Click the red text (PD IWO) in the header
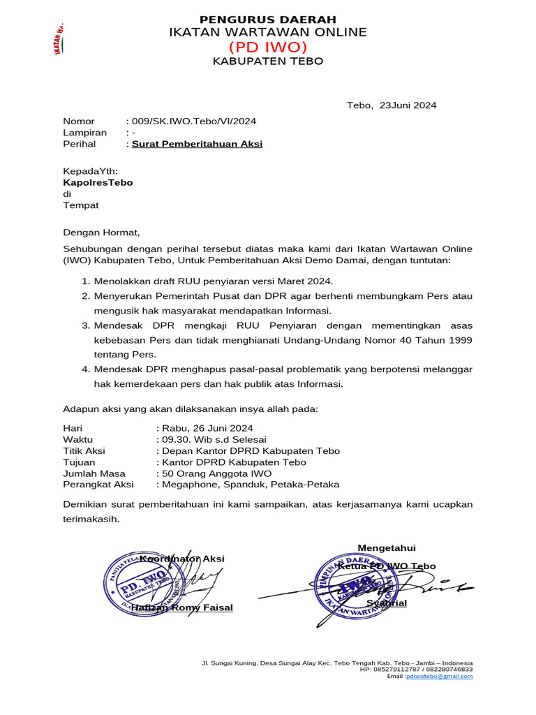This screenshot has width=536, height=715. pos(268,47)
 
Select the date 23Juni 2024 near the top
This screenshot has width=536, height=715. pos(408,105)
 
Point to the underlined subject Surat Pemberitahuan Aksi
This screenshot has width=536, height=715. pos(198,144)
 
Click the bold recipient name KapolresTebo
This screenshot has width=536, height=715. pos(98,182)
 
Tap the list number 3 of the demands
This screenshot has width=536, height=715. pos(86,325)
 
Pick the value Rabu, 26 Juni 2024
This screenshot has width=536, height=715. pos(207,428)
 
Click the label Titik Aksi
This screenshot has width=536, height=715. pos(84,450)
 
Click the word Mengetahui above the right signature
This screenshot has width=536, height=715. pos(387,547)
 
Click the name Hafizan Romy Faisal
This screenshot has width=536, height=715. pos(182,607)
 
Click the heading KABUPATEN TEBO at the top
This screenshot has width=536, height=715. pos(268,61)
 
